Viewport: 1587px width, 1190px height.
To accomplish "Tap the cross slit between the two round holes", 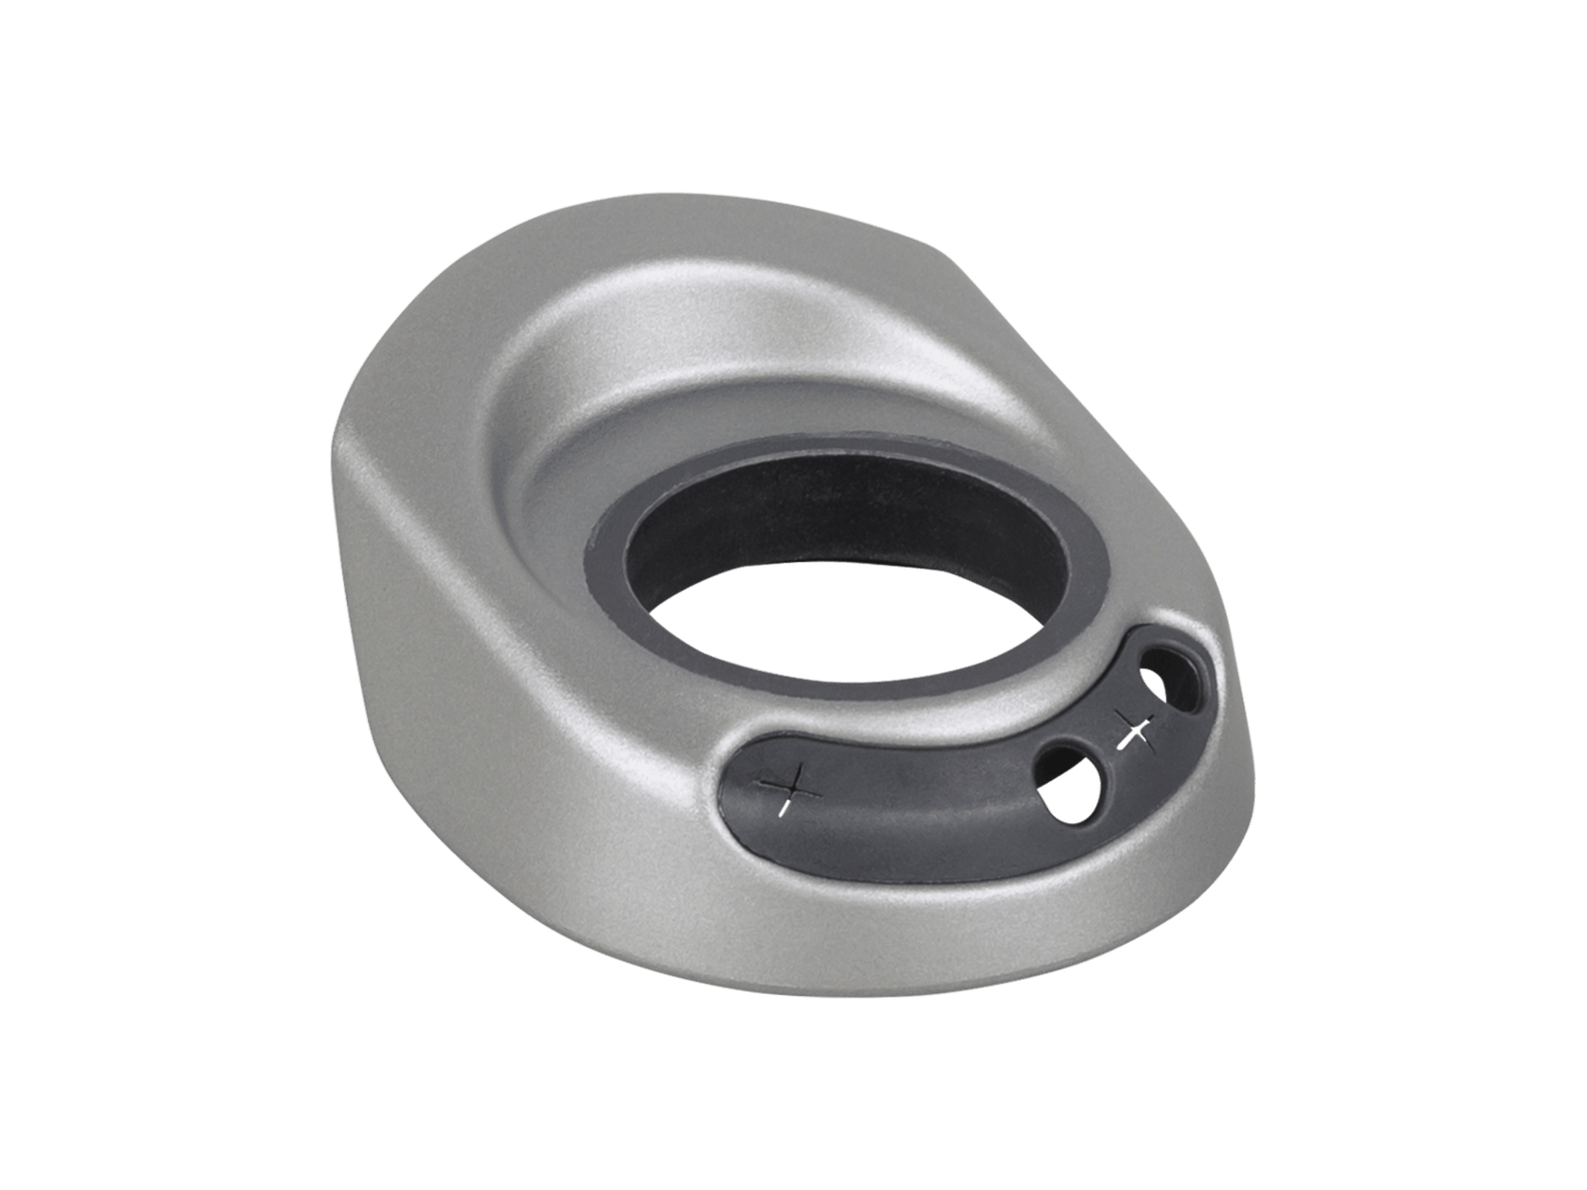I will tap(1134, 731).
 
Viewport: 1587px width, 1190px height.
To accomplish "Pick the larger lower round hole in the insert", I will tap(1070, 794).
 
